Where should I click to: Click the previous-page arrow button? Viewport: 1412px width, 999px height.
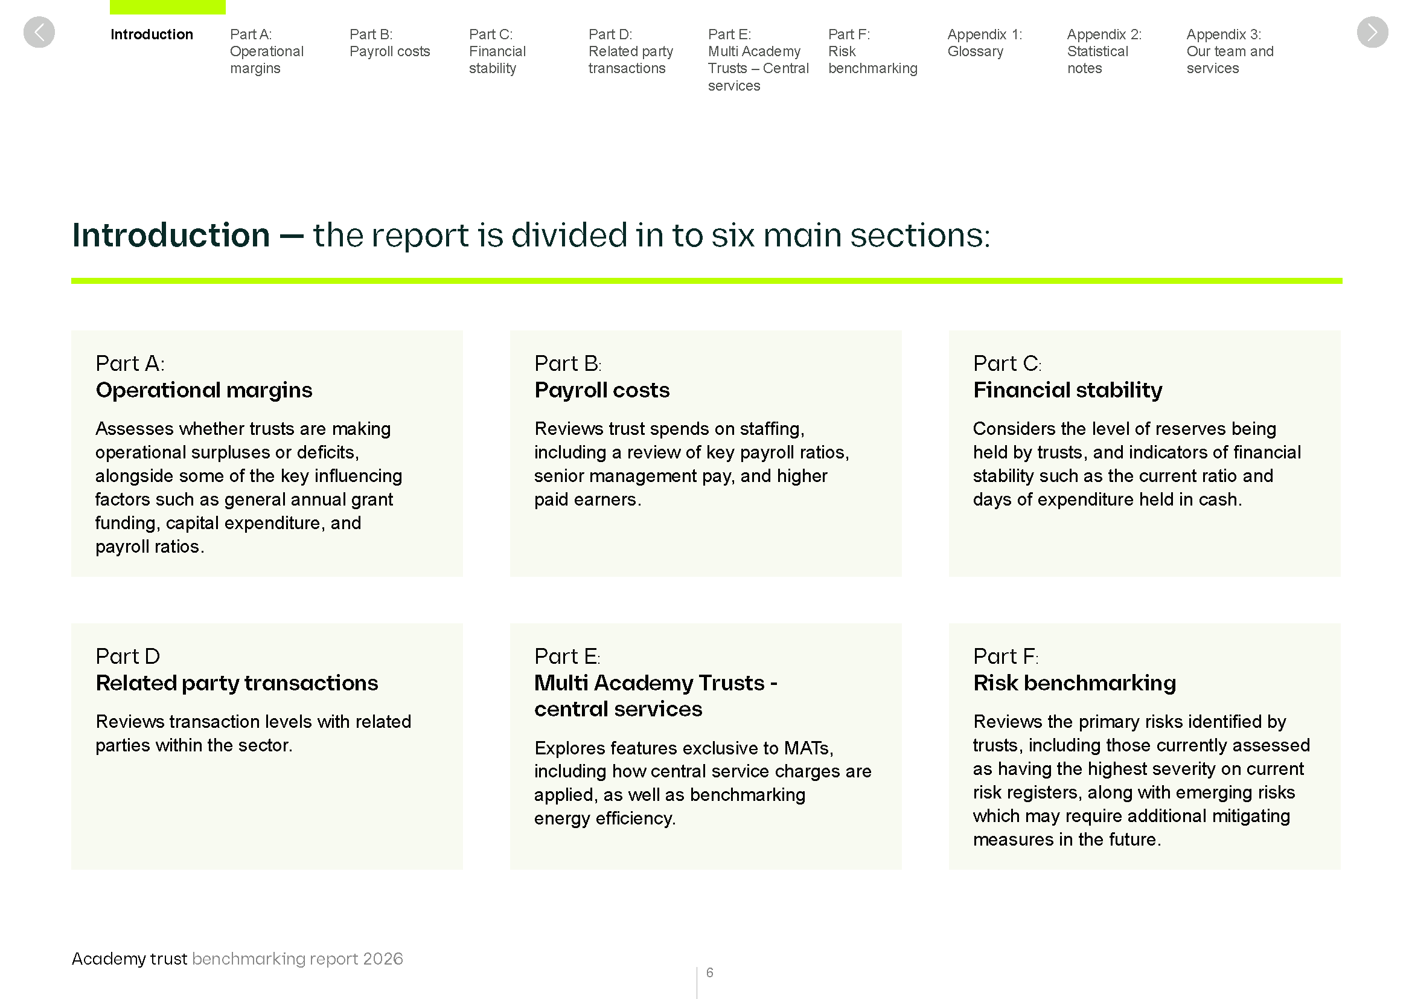(39, 32)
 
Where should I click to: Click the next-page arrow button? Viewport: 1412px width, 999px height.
(1372, 32)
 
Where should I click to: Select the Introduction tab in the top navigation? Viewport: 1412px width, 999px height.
(152, 34)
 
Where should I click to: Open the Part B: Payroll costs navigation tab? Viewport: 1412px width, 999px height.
(389, 43)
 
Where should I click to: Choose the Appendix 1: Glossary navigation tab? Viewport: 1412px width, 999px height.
(984, 43)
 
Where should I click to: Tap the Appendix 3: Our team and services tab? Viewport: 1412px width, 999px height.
(1229, 51)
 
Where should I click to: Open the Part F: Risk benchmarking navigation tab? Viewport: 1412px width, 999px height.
(872, 51)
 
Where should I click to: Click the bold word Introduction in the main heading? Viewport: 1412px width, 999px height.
(171, 235)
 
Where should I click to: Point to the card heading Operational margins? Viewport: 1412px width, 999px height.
(203, 390)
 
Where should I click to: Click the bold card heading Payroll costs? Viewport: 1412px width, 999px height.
(601, 390)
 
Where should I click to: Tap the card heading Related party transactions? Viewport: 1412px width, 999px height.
(237, 683)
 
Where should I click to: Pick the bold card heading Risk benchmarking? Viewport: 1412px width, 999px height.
(1074, 683)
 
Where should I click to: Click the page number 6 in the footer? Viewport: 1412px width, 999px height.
(709, 972)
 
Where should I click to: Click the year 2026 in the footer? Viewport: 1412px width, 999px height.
(383, 959)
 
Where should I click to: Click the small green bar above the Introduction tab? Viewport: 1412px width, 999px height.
(167, 7)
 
